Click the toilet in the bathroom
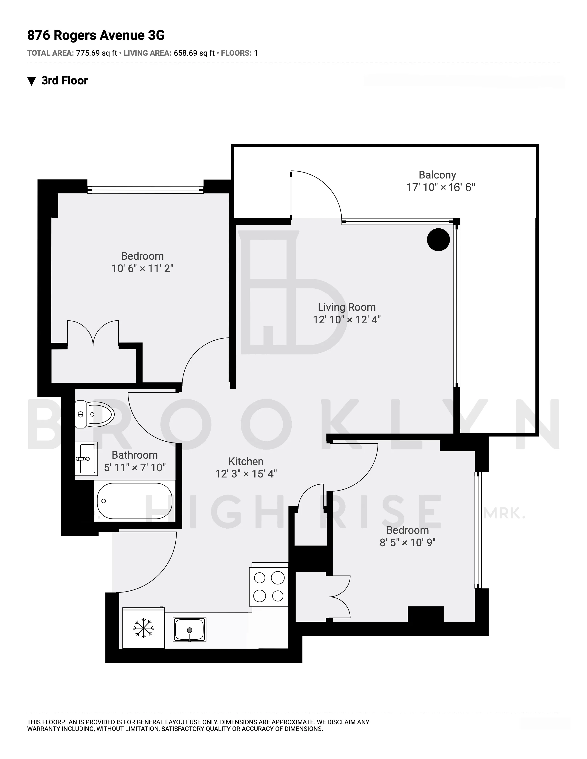pos(95,414)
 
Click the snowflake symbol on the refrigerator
pos(143,628)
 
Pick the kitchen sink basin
pos(189,629)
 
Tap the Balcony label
pos(437,175)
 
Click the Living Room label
pos(347,307)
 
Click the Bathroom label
pos(135,455)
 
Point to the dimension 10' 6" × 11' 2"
pos(142,269)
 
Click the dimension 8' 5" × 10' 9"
pos(407,543)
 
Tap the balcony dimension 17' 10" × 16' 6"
pos(441,188)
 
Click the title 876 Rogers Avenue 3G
pos(96,35)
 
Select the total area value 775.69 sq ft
pos(97,53)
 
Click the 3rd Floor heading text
pos(65,81)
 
